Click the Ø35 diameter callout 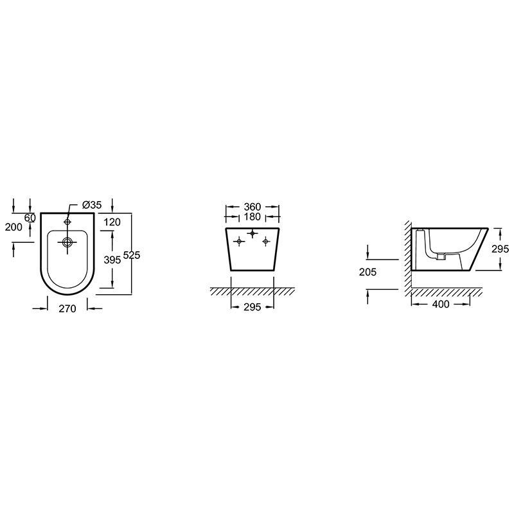[92, 205]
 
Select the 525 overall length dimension [132, 254]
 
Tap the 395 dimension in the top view [112, 260]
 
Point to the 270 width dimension [67, 308]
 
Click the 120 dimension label [112, 222]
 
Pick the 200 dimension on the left [13, 227]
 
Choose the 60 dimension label [30, 217]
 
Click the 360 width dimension [253, 207]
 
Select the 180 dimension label [253, 217]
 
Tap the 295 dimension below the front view [253, 307]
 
